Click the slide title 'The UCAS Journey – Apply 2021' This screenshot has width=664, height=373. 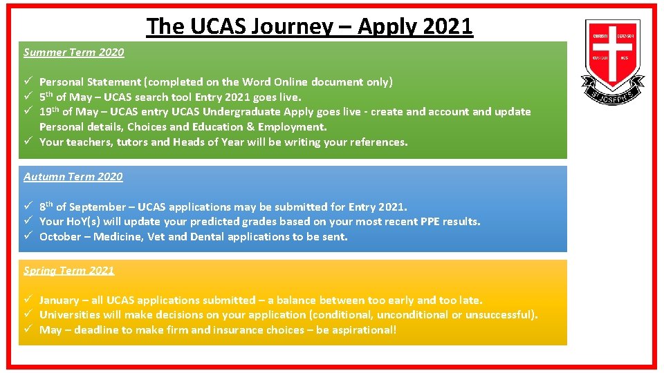tap(309, 26)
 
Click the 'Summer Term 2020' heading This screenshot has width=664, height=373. tap(74, 52)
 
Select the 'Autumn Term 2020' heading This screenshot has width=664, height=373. tap(73, 177)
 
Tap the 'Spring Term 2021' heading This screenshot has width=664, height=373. tap(69, 271)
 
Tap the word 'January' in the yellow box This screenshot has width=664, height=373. tap(59, 300)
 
